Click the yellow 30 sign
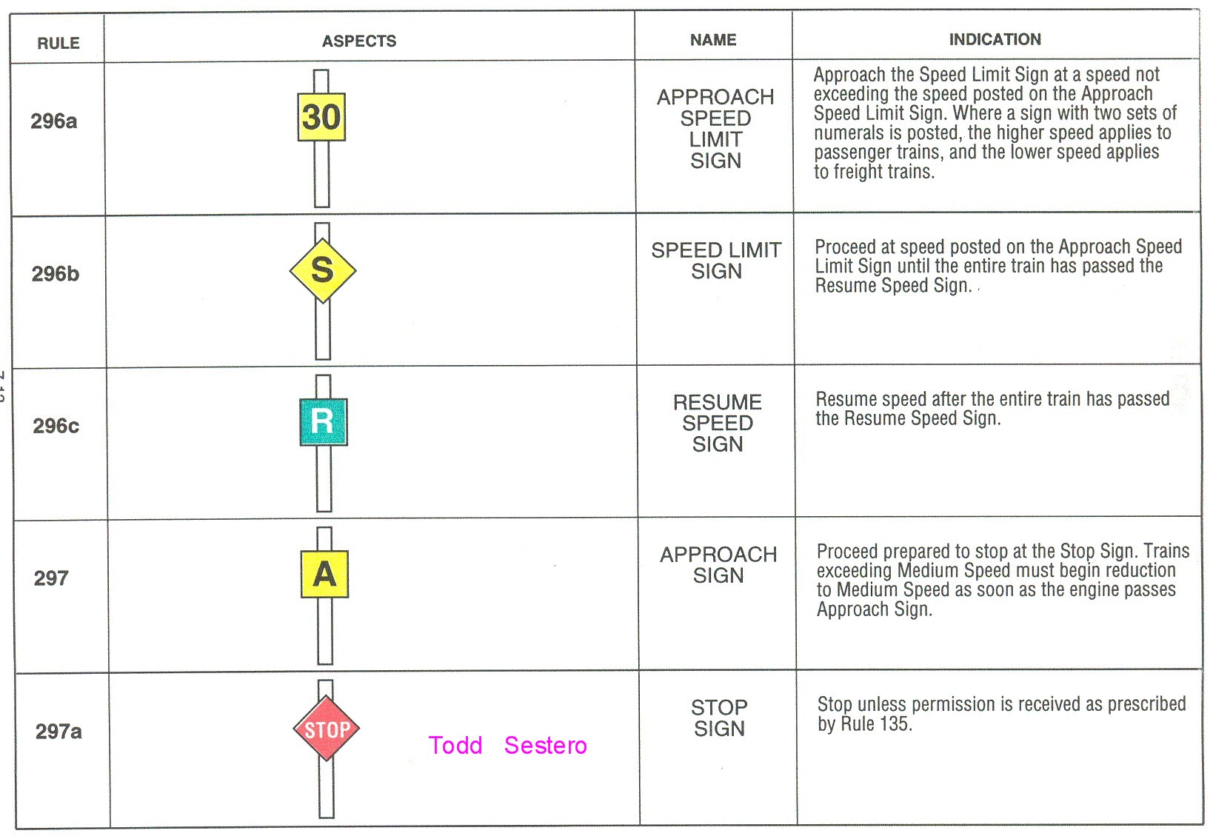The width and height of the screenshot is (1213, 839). coord(321,117)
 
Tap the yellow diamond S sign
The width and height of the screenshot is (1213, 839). coord(323,270)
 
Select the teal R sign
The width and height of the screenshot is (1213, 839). coord(323,422)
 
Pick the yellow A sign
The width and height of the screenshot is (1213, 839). coord(324,574)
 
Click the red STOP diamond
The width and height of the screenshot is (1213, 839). coord(327,729)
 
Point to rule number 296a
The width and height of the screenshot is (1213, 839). coord(53,121)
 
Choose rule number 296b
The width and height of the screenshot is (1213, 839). coord(55,274)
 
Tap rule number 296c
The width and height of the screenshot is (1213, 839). coord(56,426)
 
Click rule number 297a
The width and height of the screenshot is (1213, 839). coord(59,732)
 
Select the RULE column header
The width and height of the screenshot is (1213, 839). coord(59,43)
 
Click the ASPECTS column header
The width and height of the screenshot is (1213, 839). coord(359,41)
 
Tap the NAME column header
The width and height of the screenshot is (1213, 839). coord(713,40)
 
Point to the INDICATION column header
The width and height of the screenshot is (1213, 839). coord(995,39)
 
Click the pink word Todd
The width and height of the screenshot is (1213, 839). coord(455,745)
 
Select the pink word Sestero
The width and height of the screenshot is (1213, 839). coord(545,745)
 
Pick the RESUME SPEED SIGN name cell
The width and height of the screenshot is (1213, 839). coord(717,423)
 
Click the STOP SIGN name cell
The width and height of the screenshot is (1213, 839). coord(719,718)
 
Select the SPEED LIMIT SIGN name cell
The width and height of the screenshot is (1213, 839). coord(716,261)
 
